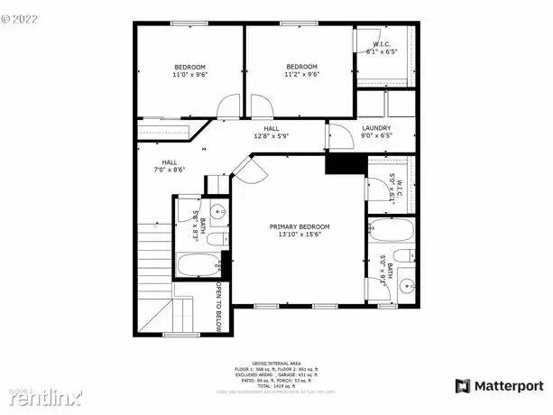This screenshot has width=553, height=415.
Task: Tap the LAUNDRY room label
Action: point(375,129)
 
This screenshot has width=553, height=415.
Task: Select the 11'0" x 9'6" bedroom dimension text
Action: point(189,76)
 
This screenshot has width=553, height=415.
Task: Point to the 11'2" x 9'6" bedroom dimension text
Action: point(301,76)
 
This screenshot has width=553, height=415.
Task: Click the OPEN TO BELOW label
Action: point(218,308)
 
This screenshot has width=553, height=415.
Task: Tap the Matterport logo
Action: point(500,386)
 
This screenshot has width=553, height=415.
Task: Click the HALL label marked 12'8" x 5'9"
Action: point(271,129)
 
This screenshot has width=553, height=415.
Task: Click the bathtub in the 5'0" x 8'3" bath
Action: point(198,266)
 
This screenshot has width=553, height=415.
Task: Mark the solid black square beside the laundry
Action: point(343,163)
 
